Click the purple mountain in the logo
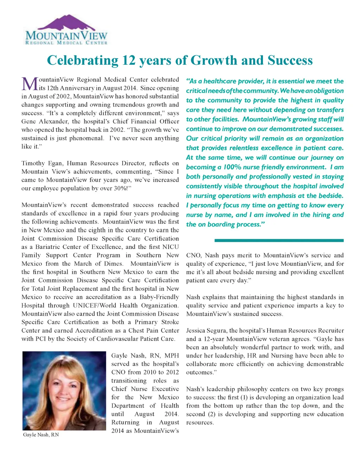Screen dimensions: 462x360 (x=66, y=23)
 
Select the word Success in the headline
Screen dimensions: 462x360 (x=290, y=60)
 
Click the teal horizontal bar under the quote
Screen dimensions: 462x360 (x=279, y=240)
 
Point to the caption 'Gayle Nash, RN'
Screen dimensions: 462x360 (x=41, y=435)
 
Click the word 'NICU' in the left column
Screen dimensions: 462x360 (x=171, y=247)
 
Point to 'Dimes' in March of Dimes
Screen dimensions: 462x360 (x=114, y=264)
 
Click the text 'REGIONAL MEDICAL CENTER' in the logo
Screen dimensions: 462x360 (x=66, y=43)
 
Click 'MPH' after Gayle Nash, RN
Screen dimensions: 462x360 (x=172, y=355)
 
